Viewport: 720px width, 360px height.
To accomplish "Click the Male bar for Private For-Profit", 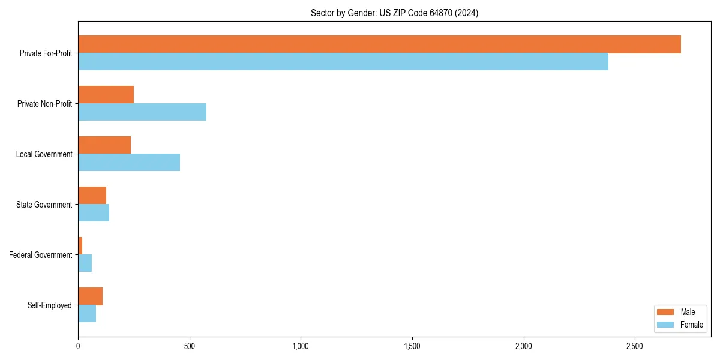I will pos(379,44).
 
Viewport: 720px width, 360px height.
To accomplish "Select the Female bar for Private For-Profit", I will pos(343,62).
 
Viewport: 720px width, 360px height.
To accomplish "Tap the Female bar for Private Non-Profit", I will pos(142,112).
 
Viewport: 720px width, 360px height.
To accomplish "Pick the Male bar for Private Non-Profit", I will pos(106,95).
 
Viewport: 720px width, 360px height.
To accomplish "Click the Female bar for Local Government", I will pos(129,163).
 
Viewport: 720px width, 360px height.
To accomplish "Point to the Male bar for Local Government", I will pos(104,145).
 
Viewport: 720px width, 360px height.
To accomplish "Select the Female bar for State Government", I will pos(94,213).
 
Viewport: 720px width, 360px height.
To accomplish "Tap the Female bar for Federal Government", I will pos(85,263).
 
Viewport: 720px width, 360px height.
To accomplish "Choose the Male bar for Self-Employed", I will pos(91,296).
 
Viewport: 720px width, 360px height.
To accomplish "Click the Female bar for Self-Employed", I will pos(87,314).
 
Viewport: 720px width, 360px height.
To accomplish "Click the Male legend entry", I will pos(680,312).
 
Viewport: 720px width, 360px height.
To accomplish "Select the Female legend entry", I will pos(680,325).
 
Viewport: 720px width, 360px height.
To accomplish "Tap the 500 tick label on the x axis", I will pos(190,347).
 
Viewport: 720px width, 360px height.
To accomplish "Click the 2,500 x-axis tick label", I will pos(635,347).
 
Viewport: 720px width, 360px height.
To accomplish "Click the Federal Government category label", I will pos(40,255).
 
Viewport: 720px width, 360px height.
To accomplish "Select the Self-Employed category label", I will pos(50,305).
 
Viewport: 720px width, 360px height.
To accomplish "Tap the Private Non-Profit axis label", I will pos(44,104).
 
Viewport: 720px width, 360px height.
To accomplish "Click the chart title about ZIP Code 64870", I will pos(394,13).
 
